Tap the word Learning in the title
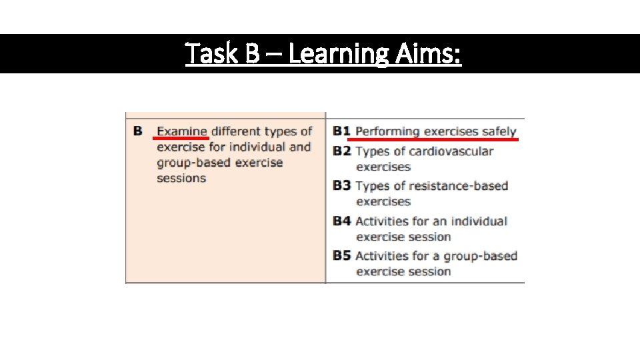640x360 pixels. (x=335, y=53)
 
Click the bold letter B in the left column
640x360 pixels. (x=137, y=131)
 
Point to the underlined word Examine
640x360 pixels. (x=182, y=131)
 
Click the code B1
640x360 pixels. (x=341, y=131)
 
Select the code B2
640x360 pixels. (x=341, y=151)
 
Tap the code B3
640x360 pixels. (x=341, y=185)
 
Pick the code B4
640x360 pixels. (x=341, y=221)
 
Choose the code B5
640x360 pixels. (x=341, y=255)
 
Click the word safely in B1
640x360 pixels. (x=497, y=131)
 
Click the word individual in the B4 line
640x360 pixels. (x=479, y=221)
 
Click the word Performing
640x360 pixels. (x=387, y=131)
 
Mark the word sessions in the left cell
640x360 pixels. (x=181, y=178)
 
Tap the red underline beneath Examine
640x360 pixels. (x=181, y=138)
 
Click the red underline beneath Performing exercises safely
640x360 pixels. (x=433, y=140)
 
